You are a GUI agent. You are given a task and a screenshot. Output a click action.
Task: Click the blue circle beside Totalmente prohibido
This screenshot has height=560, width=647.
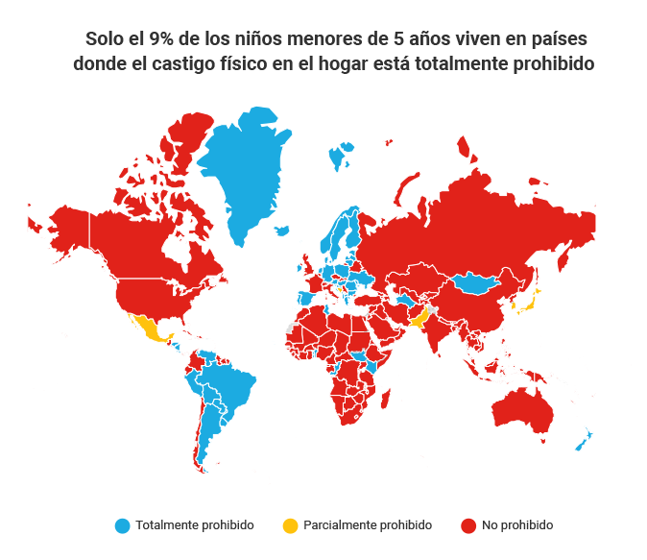[x=122, y=525]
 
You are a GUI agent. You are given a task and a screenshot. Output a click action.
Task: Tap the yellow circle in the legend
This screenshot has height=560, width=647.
[x=290, y=525]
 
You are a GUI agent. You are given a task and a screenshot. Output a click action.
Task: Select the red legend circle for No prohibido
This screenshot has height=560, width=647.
[x=468, y=525]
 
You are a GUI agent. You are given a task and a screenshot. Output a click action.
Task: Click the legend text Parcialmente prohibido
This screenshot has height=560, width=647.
[x=368, y=525]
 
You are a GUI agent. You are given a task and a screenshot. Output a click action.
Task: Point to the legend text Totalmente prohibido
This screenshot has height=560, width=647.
[x=195, y=525]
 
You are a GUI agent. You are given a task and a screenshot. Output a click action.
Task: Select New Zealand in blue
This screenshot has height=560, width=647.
[x=583, y=441]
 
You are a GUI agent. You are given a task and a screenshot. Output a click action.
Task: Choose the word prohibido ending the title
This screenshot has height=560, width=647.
[x=546, y=64]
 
